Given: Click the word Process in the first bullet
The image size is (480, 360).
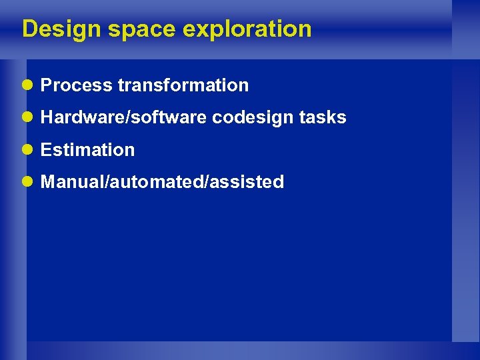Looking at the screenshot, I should pos(76,85).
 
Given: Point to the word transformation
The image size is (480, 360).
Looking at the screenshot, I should pos(183,85).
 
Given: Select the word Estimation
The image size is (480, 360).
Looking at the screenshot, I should pos(87,150).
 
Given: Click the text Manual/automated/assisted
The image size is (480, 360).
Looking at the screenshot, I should pos(162,182).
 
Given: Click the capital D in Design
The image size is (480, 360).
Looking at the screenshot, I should pos(29,29).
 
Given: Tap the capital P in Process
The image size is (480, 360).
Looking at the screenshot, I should pos(46,85).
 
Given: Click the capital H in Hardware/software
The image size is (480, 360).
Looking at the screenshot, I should pos(47,117).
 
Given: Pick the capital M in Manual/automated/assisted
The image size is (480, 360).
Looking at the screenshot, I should pos(48,182).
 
